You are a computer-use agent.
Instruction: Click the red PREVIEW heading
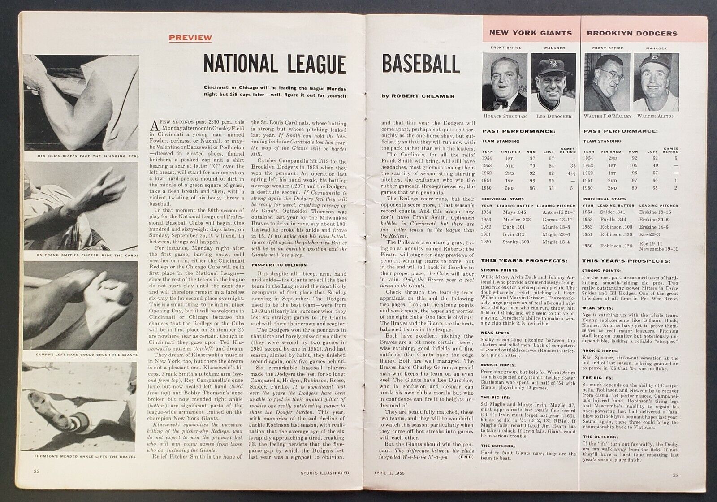[x=190, y=38]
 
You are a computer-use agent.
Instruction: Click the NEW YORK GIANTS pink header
[x=530, y=33]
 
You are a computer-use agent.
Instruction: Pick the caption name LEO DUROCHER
[x=552, y=116]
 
